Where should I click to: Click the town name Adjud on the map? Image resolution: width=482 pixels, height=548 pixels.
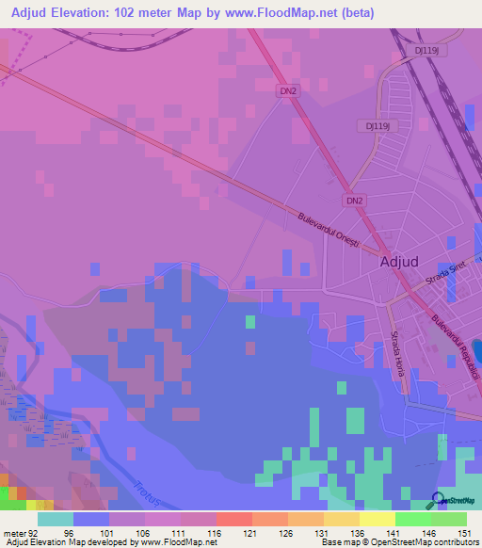pos(407,263)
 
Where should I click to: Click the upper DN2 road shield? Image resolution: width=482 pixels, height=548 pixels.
pos(289,90)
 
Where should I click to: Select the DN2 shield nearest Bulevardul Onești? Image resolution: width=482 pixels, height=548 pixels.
pos(353,201)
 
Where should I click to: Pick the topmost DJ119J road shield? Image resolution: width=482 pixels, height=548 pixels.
pos(426,50)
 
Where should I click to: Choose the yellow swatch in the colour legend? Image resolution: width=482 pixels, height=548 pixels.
pos(377,519)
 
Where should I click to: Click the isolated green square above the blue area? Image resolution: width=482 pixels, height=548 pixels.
pos(250,322)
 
